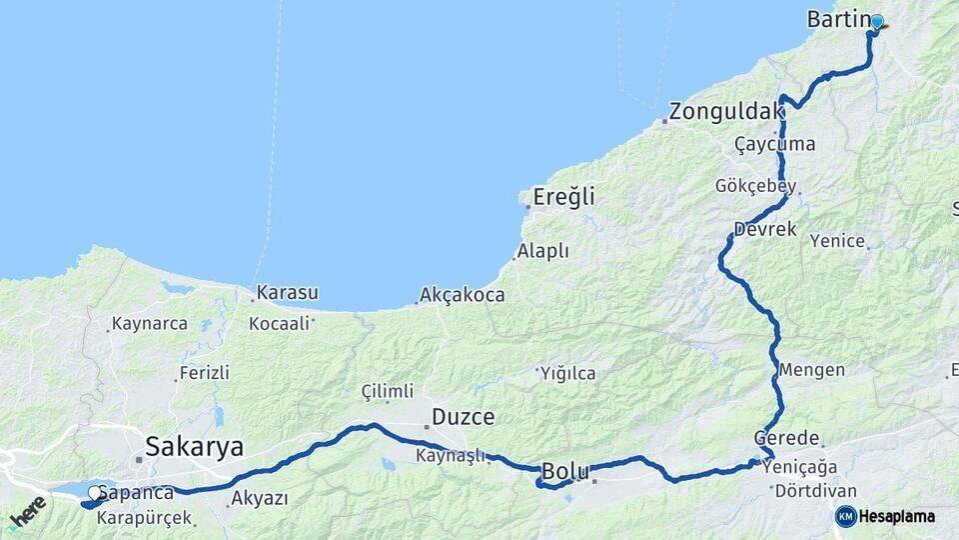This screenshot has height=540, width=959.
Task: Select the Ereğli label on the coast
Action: click(x=563, y=197)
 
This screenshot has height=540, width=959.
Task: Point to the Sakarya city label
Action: click(x=195, y=446)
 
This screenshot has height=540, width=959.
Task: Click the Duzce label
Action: click(x=463, y=417)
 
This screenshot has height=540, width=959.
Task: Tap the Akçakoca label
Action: click(x=463, y=295)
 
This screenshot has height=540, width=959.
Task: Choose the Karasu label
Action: click(x=287, y=293)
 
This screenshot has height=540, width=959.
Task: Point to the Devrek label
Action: click(x=765, y=229)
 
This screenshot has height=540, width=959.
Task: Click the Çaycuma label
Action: click(x=774, y=144)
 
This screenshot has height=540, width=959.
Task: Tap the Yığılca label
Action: click(x=567, y=373)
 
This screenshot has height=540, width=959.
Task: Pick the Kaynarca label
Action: click(x=150, y=324)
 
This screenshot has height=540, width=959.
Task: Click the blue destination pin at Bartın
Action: click(x=877, y=22)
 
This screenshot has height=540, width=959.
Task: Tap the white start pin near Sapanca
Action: click(x=94, y=493)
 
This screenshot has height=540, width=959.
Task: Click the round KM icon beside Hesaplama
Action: click(x=846, y=516)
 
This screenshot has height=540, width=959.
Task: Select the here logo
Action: click(x=27, y=513)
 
